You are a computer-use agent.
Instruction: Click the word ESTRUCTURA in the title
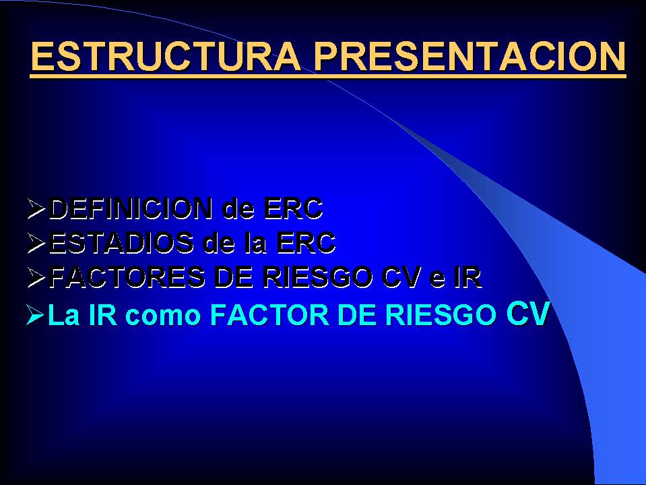pos(166,57)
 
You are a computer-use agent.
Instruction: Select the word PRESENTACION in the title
pos(470,57)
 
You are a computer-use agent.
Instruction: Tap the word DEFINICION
pos(131,208)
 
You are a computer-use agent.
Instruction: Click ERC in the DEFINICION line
pos(293,208)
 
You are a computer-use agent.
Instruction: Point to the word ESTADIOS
pos(121,243)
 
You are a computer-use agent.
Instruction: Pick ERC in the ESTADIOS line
pos(306,243)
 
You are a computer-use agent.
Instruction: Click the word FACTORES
pos(127,277)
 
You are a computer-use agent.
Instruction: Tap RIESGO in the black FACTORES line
pos(317,277)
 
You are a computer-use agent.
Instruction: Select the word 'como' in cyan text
pos(163,315)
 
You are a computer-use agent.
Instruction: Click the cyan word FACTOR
pos(270,314)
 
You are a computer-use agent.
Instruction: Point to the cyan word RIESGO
pos(440,314)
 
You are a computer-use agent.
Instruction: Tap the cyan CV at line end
pos(527,314)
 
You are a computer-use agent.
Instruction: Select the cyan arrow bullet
pos(36,315)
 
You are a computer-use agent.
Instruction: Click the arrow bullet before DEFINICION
pos(36,208)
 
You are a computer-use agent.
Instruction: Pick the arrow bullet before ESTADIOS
pos(36,243)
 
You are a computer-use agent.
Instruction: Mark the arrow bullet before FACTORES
pos(36,277)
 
